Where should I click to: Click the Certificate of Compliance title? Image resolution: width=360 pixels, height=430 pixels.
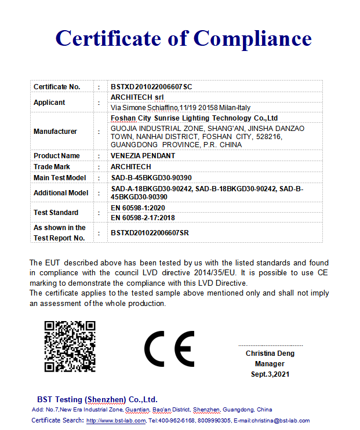(183, 38)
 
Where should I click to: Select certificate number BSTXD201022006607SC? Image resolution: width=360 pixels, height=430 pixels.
(151, 86)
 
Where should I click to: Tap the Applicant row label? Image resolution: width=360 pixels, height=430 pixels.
(49, 103)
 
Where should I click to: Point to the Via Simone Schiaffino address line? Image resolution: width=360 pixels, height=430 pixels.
(180, 108)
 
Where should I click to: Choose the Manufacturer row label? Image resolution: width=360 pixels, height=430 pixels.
(55, 132)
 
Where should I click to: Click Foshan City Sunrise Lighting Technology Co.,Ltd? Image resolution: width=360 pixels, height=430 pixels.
(194, 118)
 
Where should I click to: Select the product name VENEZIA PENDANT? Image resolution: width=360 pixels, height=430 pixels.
(143, 156)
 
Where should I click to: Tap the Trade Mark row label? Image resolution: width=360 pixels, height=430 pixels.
(52, 167)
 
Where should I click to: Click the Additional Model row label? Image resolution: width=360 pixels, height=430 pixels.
(61, 193)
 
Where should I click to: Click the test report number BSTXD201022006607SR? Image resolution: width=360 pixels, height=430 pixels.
(150, 233)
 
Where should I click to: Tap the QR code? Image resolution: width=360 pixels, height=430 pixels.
(70, 346)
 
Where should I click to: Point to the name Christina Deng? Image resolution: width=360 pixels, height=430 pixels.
(270, 354)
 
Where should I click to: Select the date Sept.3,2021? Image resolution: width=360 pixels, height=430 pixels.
(270, 374)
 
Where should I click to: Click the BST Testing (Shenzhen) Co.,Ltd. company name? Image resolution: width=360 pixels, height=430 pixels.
(97, 399)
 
